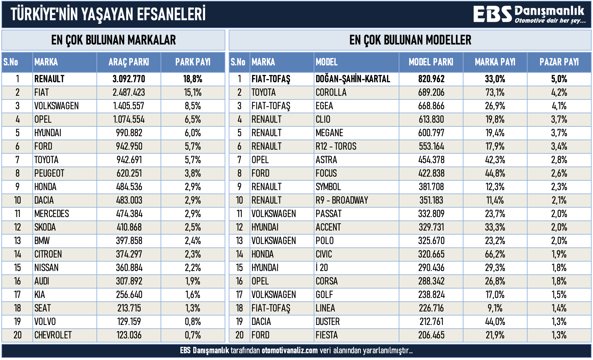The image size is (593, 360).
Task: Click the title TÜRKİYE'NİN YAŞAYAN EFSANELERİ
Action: coord(108,14)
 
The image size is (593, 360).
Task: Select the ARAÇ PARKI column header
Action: coord(129,62)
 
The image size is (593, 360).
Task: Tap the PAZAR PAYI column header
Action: coord(559,62)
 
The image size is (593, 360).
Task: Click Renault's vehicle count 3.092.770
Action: coord(129,79)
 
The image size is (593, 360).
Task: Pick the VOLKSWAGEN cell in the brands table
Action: coord(56,106)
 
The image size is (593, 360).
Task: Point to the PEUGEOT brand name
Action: coord(49,173)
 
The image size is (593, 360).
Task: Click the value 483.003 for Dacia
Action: coord(129,200)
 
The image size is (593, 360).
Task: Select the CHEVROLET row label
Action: coord(53,335)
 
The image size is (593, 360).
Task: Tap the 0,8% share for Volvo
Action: coord(193,322)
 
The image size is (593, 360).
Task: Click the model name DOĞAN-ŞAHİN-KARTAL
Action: coord(352,79)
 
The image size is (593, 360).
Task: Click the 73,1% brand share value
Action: coord(495,92)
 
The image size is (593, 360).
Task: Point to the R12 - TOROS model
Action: coord(336,146)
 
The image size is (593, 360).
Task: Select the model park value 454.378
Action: coord(431,160)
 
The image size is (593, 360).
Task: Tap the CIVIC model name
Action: coord(324,254)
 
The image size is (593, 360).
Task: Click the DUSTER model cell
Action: coord(328,322)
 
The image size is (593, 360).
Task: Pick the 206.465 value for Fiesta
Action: coord(431,335)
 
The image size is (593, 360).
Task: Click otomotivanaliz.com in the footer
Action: coord(289,351)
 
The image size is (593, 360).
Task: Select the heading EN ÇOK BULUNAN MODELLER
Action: coord(410,40)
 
